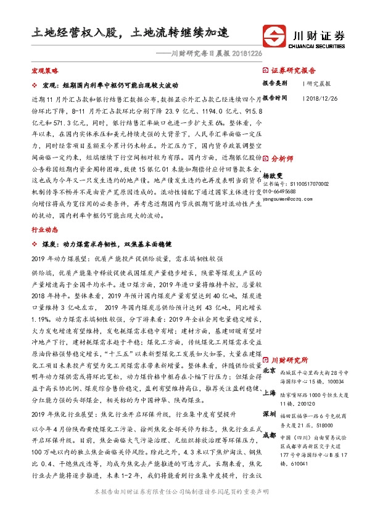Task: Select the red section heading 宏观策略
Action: [x=44, y=72]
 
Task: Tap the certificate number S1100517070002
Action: [x=309, y=184]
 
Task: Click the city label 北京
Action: [x=270, y=371]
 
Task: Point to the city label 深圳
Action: [x=270, y=413]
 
